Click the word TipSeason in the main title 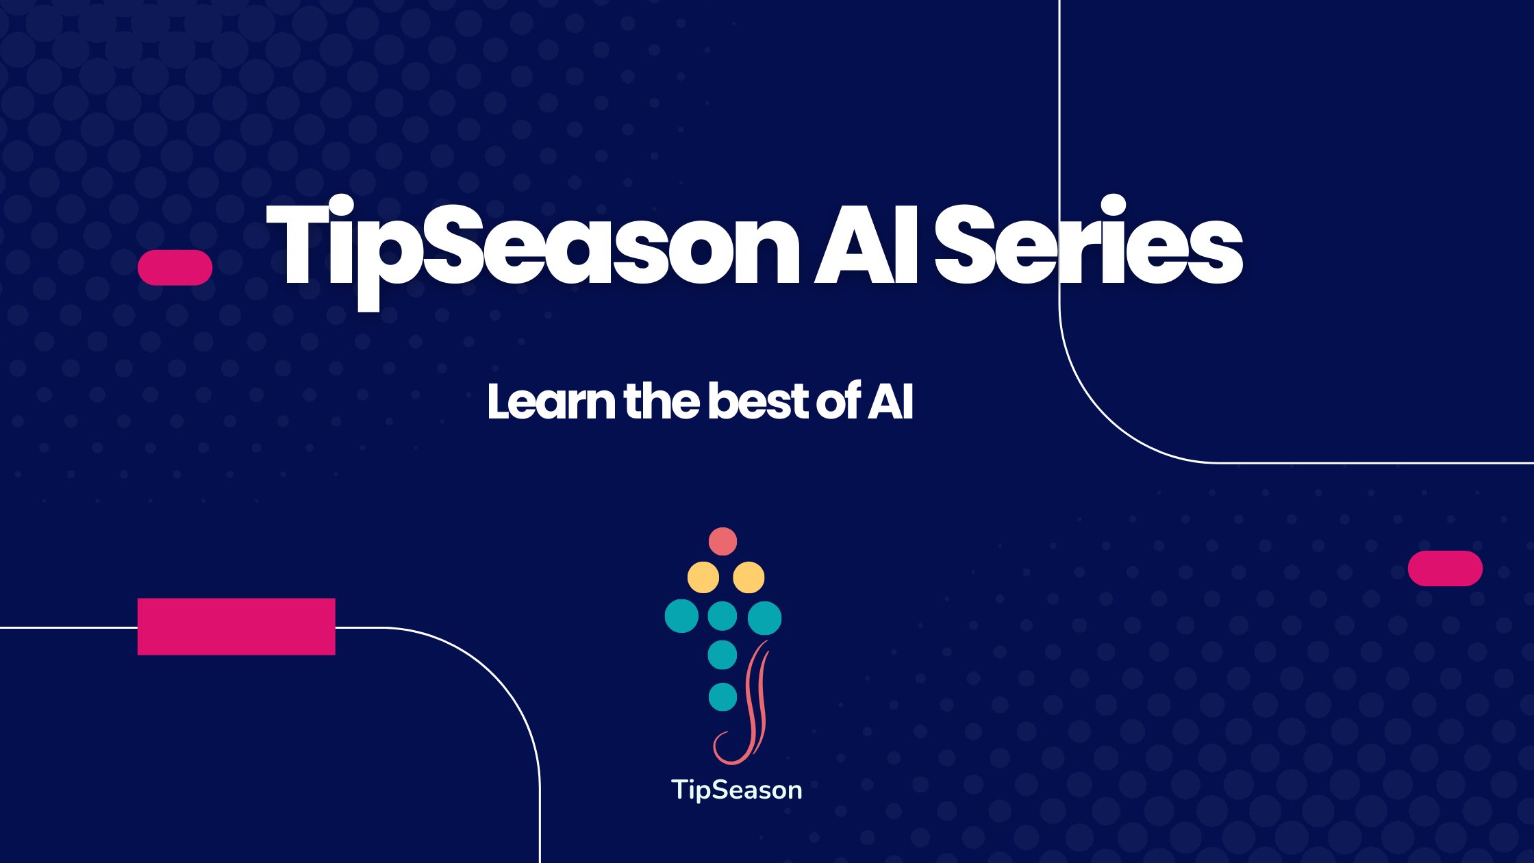(x=533, y=252)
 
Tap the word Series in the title (x=1089, y=240)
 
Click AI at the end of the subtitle (x=891, y=401)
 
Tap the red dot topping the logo (x=722, y=541)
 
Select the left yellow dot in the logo (x=703, y=577)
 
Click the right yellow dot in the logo (x=749, y=577)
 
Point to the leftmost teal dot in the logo (x=681, y=616)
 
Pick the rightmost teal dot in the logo (x=764, y=618)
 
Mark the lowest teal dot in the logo (x=722, y=697)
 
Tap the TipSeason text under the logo (x=736, y=790)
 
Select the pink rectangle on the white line (x=236, y=627)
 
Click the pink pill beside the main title (x=175, y=267)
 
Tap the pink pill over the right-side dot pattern (x=1445, y=568)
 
